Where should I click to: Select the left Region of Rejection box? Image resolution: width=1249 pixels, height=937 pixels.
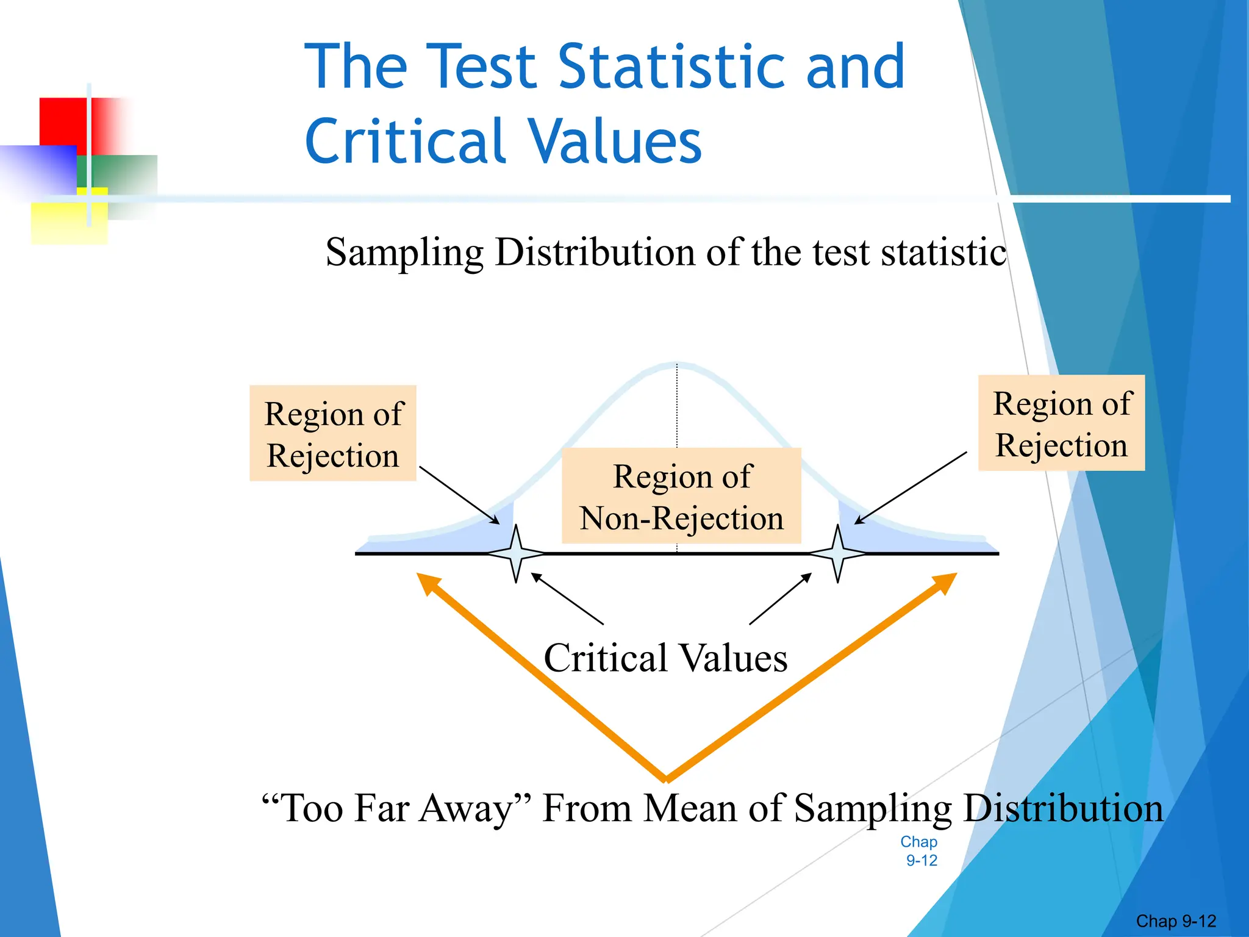pyautogui.click(x=333, y=433)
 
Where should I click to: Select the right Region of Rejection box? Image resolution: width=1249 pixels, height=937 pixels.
pyautogui.click(x=1061, y=423)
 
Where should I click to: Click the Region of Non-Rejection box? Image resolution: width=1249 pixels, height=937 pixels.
pyautogui.click(x=681, y=496)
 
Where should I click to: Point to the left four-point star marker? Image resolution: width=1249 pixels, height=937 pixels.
pyautogui.click(x=516, y=553)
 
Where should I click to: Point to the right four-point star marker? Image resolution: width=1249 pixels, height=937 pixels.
pyautogui.click(x=838, y=553)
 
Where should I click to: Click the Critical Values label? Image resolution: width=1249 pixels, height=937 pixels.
pyautogui.click(x=665, y=658)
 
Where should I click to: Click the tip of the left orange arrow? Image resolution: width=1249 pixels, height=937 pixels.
pyautogui.click(x=420, y=576)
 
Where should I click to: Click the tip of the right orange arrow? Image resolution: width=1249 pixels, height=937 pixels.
pyautogui.click(x=954, y=576)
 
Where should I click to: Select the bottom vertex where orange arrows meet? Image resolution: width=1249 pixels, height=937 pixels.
pyautogui.click(x=666, y=778)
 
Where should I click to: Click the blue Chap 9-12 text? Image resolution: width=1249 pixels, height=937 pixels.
pyautogui.click(x=920, y=851)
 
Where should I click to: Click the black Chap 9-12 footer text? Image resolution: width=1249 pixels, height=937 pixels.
pyautogui.click(x=1176, y=921)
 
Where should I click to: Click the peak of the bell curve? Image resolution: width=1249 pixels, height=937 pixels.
pyautogui.click(x=677, y=365)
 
